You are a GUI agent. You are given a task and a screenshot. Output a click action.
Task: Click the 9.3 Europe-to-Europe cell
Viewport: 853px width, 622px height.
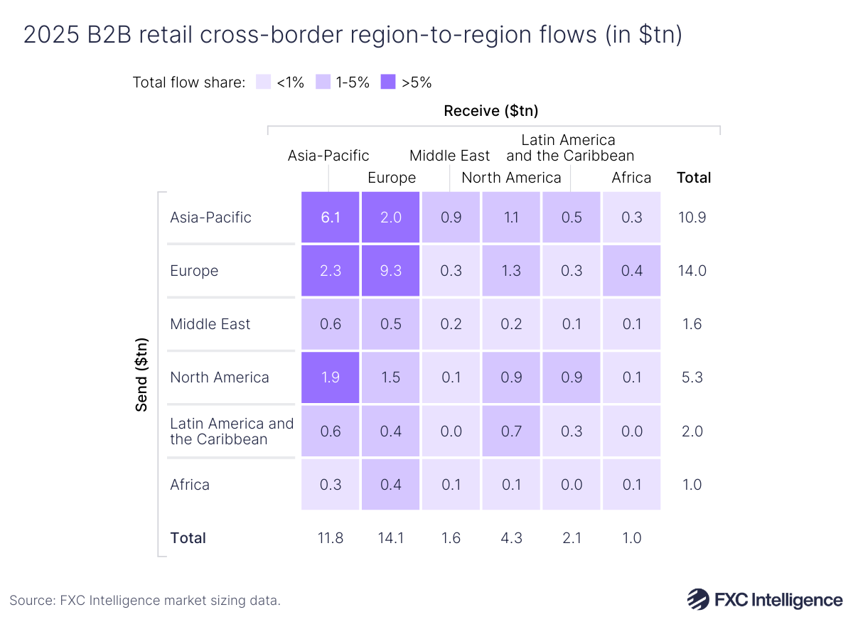tap(391, 271)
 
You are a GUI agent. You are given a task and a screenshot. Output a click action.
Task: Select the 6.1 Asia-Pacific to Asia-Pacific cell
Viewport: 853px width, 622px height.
tap(331, 218)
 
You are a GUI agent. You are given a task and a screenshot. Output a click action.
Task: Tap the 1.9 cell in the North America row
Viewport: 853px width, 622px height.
tap(331, 377)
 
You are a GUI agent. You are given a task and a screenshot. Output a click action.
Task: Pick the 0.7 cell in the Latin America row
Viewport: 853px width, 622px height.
tap(511, 431)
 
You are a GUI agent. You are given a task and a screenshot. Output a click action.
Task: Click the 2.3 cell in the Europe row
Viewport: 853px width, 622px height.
tap(331, 271)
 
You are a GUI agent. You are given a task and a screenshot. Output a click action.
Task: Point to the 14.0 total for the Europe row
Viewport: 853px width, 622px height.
tap(692, 271)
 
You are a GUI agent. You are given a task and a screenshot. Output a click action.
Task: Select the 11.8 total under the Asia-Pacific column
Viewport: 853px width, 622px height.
tap(331, 538)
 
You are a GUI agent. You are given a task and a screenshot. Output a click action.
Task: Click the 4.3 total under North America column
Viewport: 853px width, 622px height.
tap(511, 538)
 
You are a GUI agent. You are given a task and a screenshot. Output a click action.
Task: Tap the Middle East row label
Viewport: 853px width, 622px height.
tap(210, 324)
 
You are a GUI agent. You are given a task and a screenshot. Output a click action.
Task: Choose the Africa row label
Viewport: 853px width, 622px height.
tap(190, 485)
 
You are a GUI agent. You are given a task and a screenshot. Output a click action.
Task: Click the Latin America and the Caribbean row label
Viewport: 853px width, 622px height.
tap(231, 431)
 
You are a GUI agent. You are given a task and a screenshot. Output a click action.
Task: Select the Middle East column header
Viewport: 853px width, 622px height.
tap(449, 156)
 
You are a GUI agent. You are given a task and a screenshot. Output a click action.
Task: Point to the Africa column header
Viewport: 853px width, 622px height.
tap(631, 178)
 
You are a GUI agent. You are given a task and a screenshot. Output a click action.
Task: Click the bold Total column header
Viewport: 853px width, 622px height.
tap(694, 178)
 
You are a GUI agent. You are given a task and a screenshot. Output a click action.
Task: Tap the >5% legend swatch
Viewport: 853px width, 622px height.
tap(389, 82)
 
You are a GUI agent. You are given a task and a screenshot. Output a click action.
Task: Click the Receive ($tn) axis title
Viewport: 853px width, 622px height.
tap(490, 111)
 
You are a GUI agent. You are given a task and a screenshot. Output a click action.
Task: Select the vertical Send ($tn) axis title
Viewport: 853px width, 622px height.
tap(142, 374)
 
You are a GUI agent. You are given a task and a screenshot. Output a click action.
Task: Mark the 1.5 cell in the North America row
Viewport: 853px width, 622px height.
tap(391, 377)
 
